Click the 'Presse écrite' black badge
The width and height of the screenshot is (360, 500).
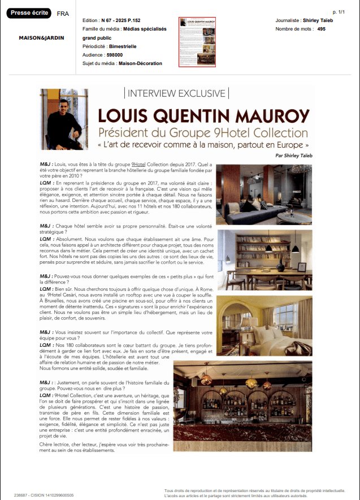point(29,13)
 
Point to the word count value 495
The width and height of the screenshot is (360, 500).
point(322,29)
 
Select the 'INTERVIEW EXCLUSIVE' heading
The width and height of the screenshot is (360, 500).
point(176,93)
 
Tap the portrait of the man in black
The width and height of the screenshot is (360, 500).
point(63,119)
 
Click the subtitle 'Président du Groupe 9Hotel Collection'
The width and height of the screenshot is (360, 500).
point(203,132)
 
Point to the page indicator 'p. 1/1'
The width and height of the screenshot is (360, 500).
point(339,12)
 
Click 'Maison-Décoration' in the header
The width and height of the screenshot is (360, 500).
point(140,63)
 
